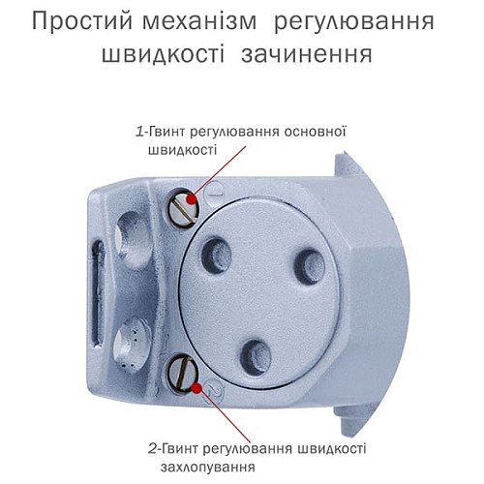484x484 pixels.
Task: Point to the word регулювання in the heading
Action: tap(379, 21)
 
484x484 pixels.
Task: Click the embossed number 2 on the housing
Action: tap(217, 391)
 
